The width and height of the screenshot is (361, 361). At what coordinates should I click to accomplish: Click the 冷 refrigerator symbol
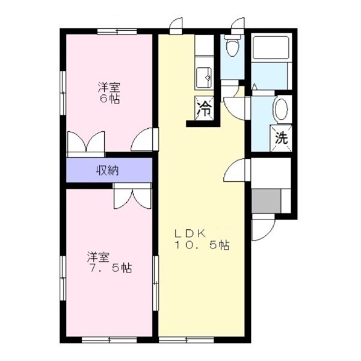click(204, 109)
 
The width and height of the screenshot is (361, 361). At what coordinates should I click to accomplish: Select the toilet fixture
click(231, 46)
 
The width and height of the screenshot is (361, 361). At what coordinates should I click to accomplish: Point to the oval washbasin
click(281, 110)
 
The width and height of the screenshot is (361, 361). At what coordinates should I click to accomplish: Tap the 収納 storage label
click(108, 170)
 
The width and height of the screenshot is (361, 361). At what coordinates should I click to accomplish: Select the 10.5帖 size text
click(202, 245)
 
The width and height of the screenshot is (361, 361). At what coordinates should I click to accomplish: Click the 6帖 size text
click(110, 99)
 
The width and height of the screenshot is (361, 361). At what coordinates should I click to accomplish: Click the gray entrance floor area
click(267, 200)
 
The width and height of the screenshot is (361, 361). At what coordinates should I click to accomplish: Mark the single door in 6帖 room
click(143, 141)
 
